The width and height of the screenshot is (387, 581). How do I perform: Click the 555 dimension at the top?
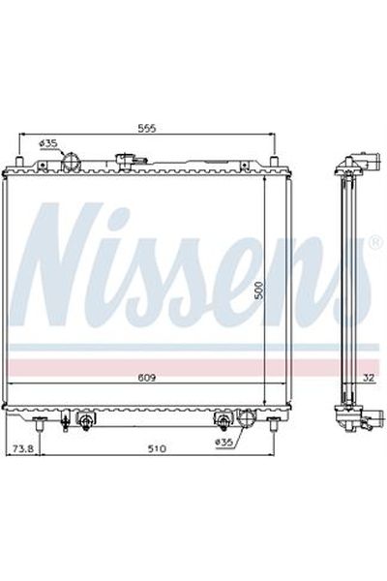tap(147, 127)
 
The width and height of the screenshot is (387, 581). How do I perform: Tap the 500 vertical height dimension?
tap(258, 290)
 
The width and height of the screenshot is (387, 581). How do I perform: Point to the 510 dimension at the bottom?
tap(158, 448)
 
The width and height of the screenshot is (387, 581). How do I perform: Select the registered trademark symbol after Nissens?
tap(375, 243)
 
